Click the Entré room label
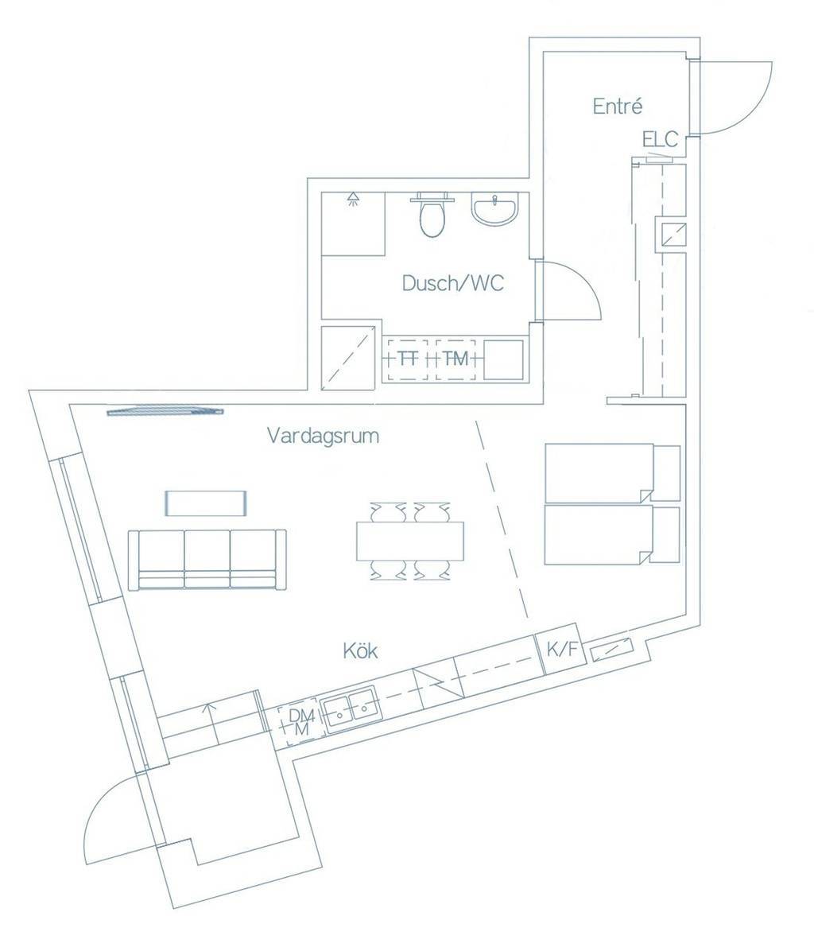click(617, 106)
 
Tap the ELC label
click(660, 139)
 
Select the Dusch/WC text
click(453, 283)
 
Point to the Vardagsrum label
click(323, 436)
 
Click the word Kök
click(361, 650)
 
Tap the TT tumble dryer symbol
click(409, 359)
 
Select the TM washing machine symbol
click(455, 359)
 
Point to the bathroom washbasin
click(495, 209)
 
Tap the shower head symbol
click(352, 199)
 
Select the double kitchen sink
click(351, 707)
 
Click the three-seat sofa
click(207, 559)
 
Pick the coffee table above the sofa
click(206, 503)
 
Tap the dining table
click(409, 541)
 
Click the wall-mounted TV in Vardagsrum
click(165, 412)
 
